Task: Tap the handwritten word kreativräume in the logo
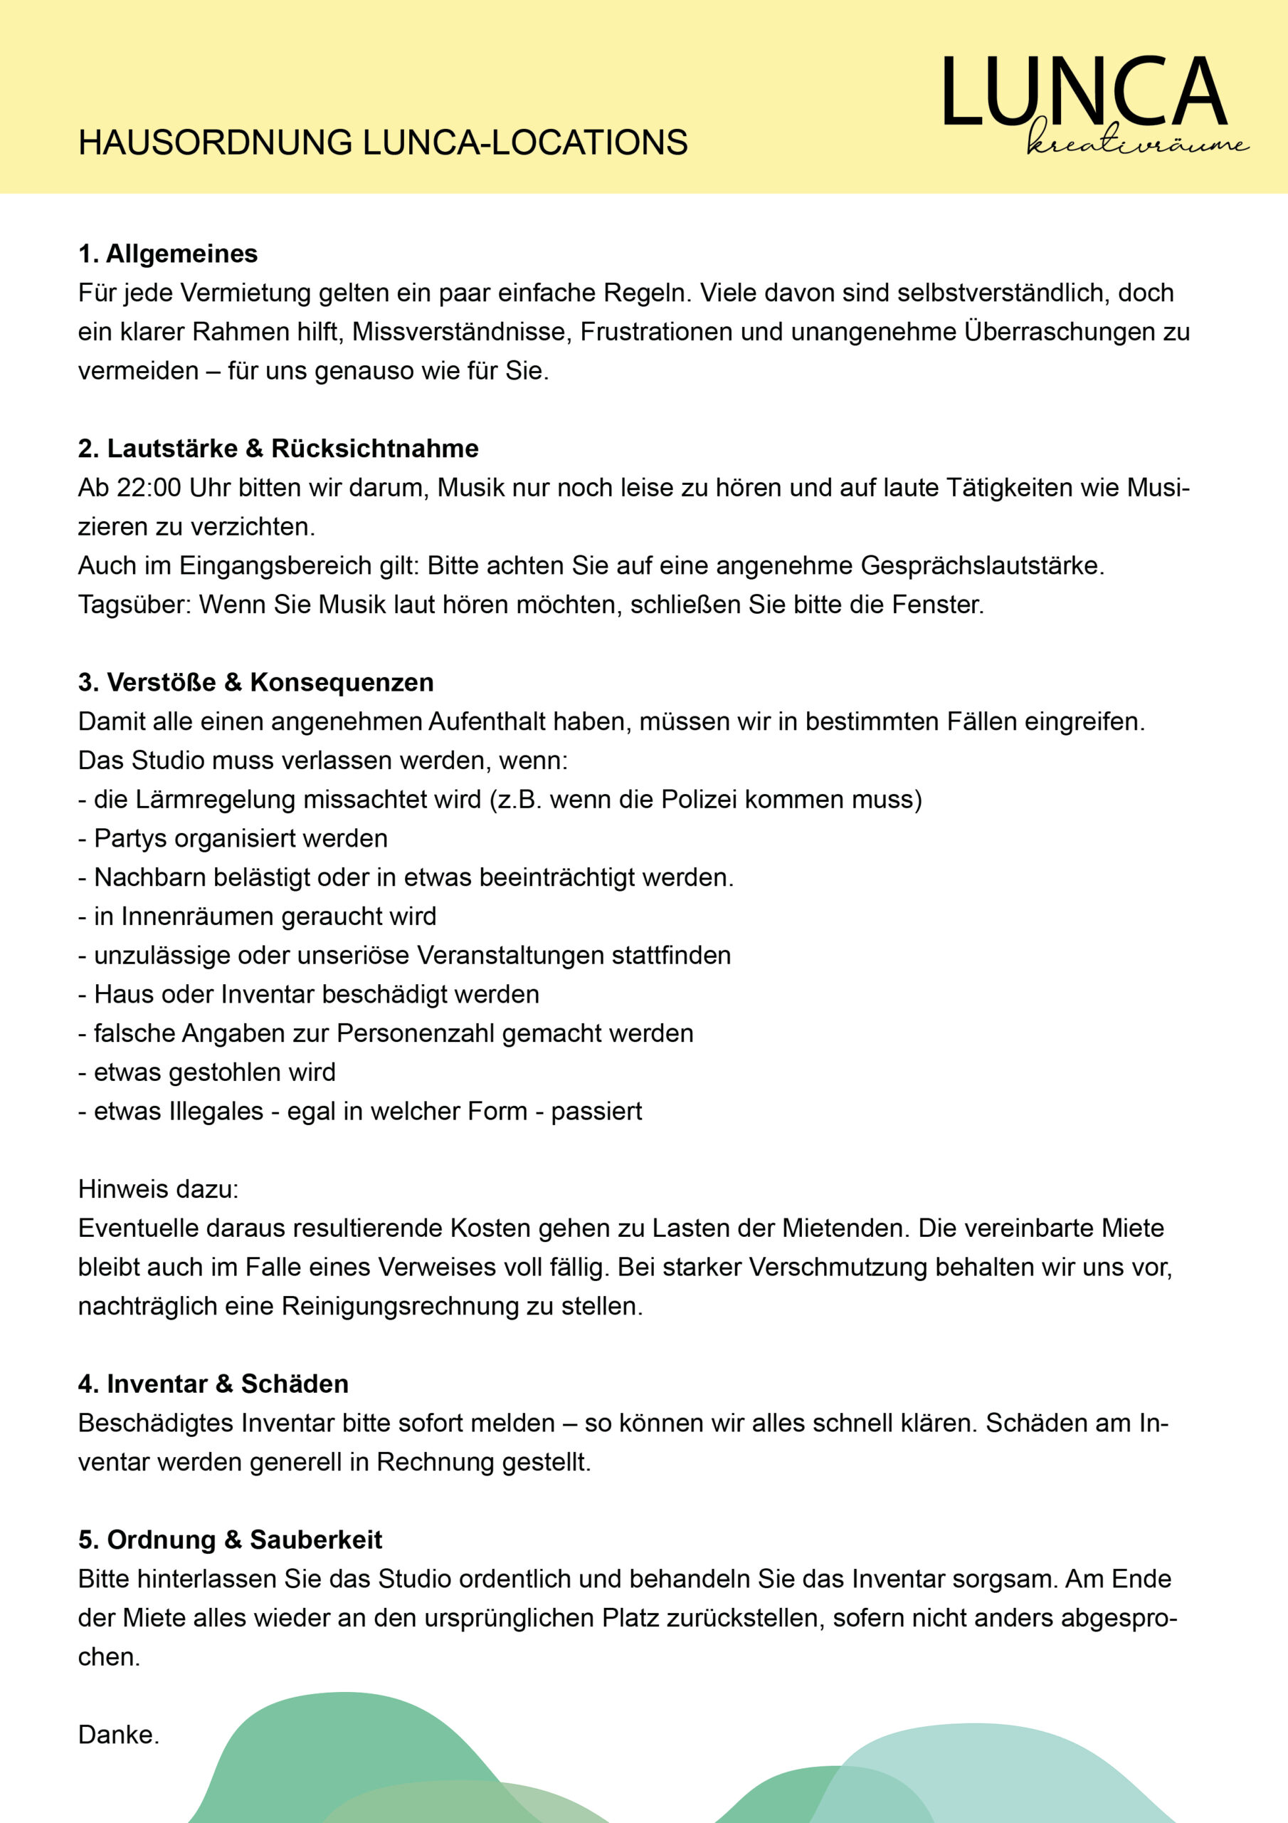[1137, 142]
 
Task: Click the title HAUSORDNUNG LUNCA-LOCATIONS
[383, 143]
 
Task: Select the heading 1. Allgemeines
[167, 254]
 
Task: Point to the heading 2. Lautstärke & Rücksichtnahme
[278, 449]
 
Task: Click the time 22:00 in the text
[149, 488]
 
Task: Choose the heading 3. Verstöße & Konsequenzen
[255, 682]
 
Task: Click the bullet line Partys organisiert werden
[233, 838]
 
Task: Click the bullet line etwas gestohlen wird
[206, 1072]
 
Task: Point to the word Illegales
[216, 1111]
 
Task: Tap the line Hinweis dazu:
[158, 1189]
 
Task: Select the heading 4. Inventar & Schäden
[213, 1384]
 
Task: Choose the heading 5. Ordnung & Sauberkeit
[229, 1540]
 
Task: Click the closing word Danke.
[118, 1735]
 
